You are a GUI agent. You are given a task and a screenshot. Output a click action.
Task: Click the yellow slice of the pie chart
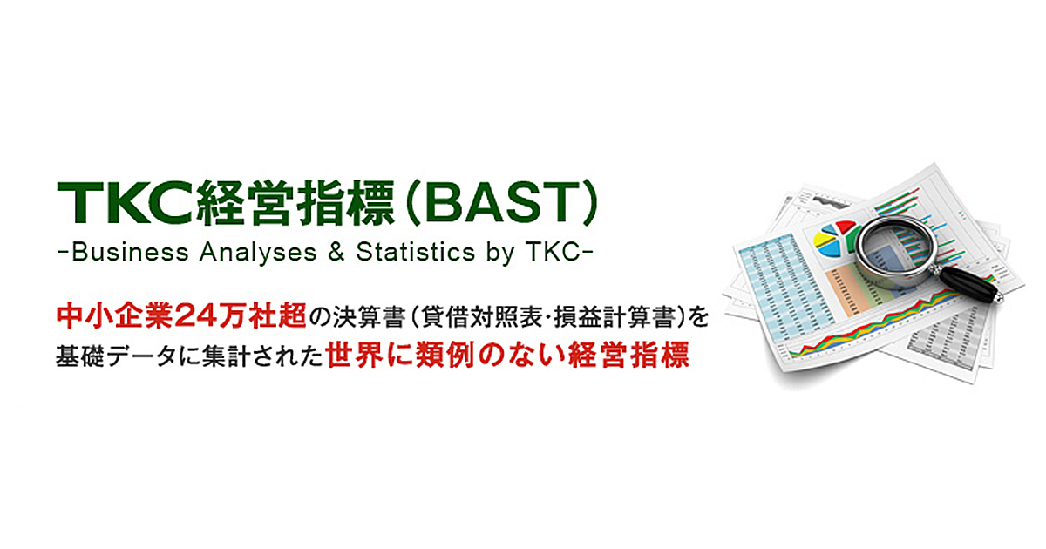(x=823, y=236)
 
